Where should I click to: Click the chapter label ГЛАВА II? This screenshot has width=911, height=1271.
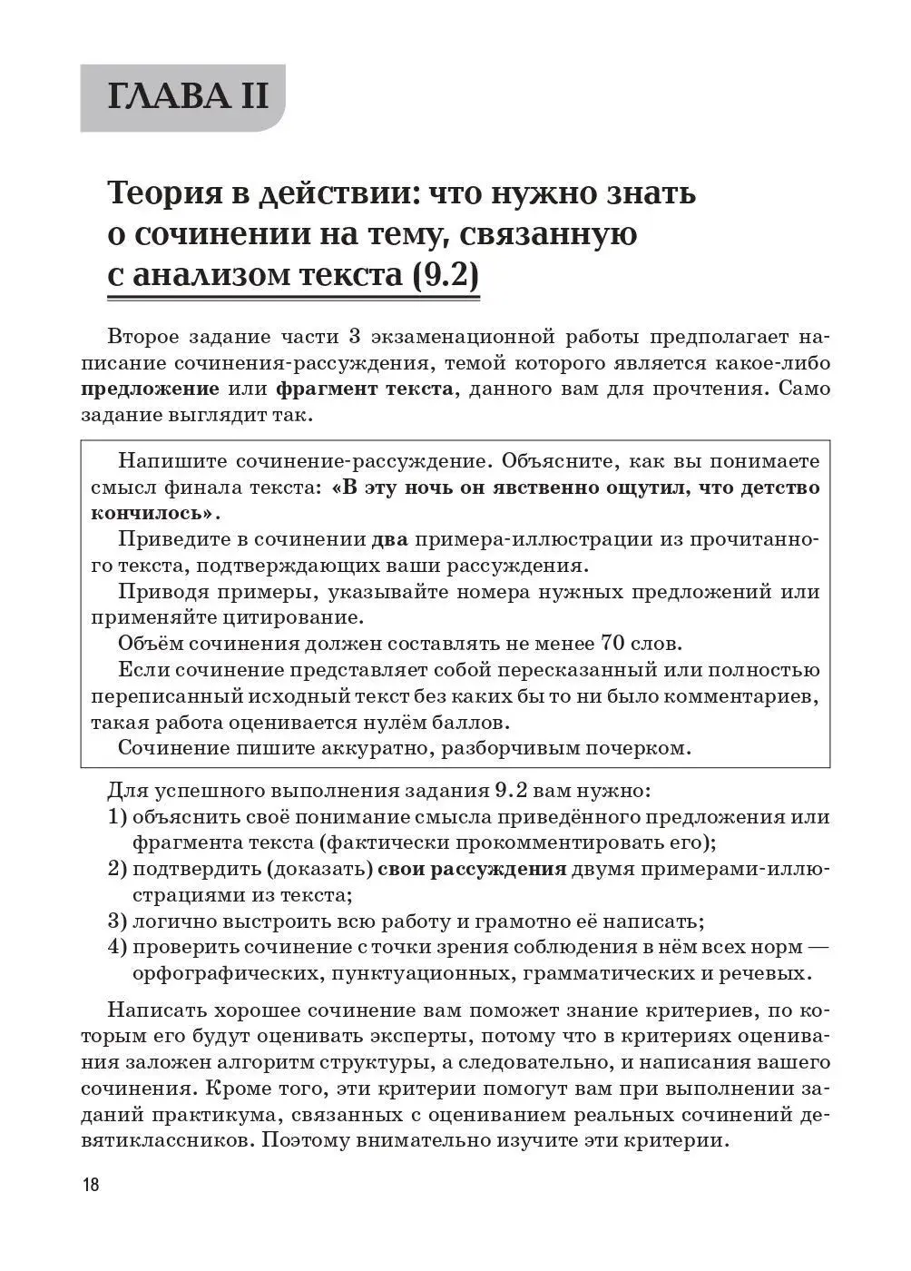point(188,96)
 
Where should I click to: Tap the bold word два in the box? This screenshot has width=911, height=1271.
point(391,539)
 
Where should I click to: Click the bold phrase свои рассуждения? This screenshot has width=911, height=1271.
point(471,869)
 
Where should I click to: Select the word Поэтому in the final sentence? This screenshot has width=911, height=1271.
point(307,1140)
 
